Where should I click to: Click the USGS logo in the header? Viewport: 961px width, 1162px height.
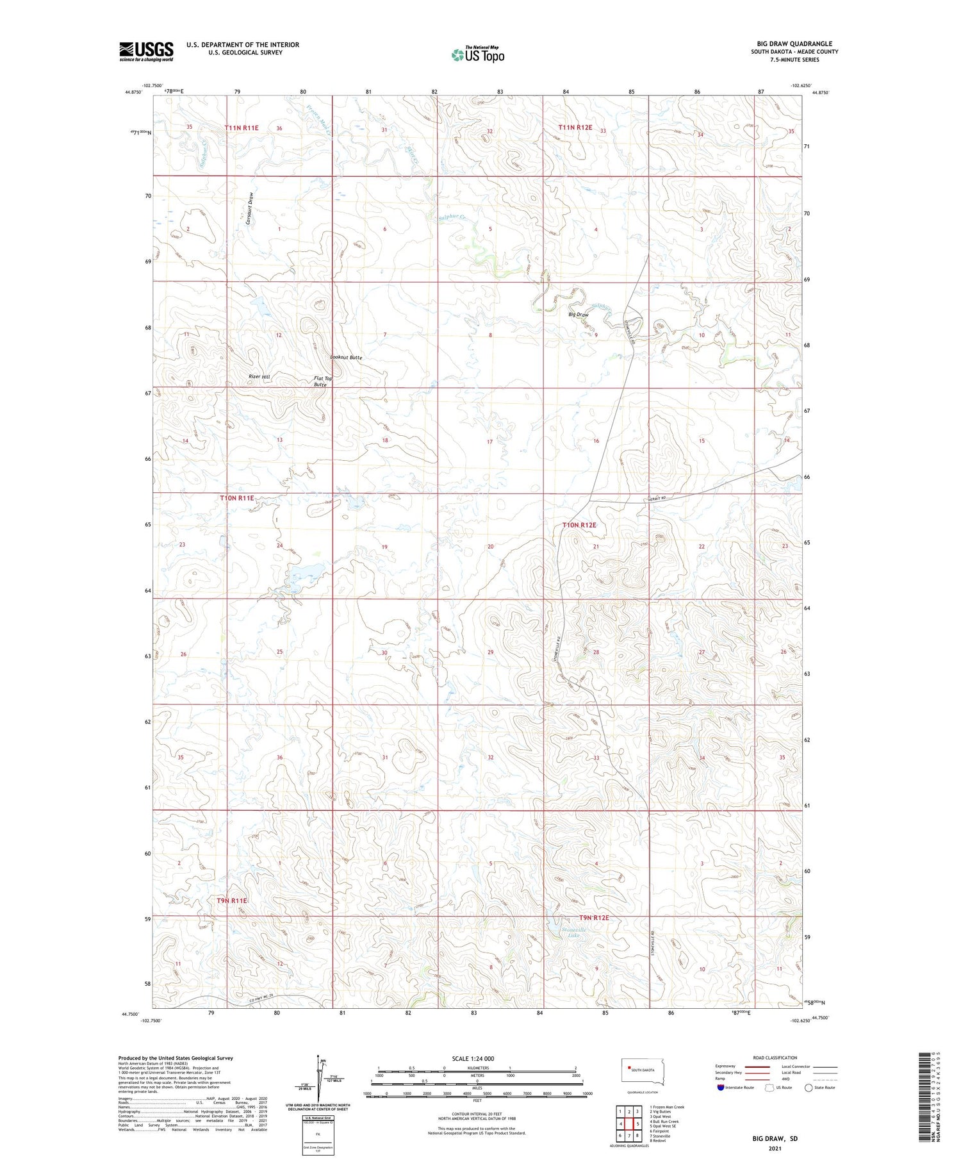[x=146, y=51]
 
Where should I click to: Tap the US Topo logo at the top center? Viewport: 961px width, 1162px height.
[x=478, y=55]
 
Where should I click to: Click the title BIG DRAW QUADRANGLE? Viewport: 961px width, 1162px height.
[x=794, y=44]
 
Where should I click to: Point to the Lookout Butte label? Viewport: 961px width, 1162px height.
[x=346, y=358]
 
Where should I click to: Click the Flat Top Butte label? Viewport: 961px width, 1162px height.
[x=323, y=382]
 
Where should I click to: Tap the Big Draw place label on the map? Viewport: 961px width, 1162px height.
[x=578, y=315]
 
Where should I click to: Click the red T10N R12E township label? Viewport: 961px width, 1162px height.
[x=579, y=525]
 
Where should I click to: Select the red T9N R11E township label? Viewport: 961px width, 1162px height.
[x=231, y=901]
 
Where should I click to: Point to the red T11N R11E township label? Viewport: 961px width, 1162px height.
[x=242, y=128]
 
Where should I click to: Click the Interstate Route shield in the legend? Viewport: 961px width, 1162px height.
[x=721, y=1088]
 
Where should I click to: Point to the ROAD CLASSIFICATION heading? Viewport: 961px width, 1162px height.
[x=775, y=1058]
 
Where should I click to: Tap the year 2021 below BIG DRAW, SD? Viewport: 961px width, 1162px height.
[x=775, y=1149]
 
